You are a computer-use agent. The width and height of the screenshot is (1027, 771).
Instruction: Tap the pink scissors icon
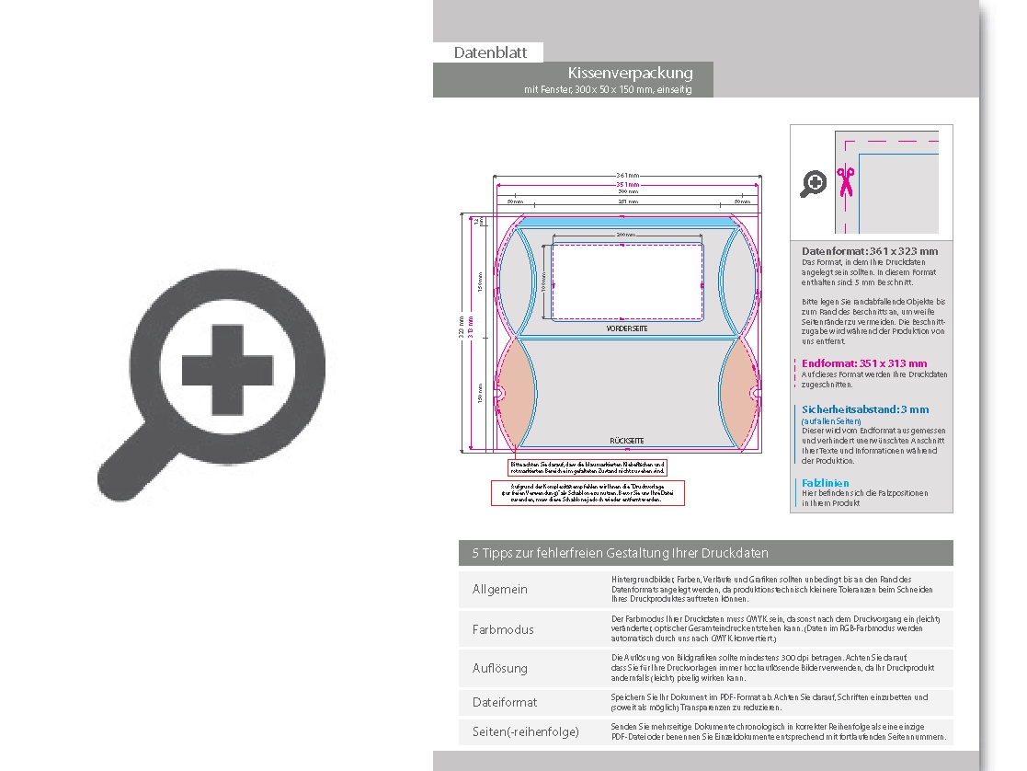tap(845, 181)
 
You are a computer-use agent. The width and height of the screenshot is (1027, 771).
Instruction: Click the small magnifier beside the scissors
tap(813, 184)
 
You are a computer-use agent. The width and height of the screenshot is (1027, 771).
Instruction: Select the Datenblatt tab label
tap(490, 53)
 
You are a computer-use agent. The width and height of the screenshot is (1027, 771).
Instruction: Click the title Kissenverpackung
tap(630, 73)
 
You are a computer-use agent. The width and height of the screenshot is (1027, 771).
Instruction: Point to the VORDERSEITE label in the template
tap(627, 328)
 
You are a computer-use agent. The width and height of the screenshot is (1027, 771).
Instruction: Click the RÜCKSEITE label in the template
tap(627, 441)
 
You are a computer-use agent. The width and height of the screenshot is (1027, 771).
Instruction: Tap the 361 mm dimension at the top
tap(628, 175)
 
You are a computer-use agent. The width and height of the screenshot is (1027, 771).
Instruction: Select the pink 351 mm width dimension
tap(628, 184)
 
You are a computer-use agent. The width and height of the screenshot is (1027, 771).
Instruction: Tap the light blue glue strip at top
tap(627, 221)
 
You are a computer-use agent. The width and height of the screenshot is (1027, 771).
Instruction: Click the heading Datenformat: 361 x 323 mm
tap(870, 251)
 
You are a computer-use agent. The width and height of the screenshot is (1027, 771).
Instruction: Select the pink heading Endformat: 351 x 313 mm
tap(864, 363)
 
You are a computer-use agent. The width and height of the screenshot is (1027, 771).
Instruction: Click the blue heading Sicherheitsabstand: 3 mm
tap(865, 409)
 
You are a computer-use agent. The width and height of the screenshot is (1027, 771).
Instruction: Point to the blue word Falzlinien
tap(826, 483)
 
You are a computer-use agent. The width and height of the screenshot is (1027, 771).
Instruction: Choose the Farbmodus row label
tap(503, 629)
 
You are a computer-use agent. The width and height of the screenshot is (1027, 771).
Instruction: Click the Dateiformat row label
tap(505, 702)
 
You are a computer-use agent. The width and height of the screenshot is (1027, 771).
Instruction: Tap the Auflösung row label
tap(500, 668)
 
